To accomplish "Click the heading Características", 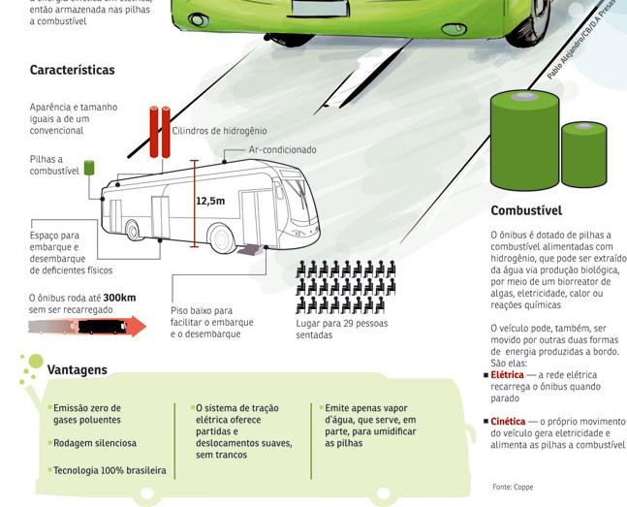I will (73, 70).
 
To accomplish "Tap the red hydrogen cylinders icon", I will (159, 131).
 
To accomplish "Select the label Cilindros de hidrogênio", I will (219, 130).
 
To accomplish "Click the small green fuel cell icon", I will (88, 168).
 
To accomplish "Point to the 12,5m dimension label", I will (210, 202).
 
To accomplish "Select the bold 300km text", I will (119, 298).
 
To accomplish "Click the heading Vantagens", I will (78, 370).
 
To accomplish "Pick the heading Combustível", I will (526, 210).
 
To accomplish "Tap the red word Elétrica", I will (507, 374).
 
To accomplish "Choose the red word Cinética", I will (508, 421).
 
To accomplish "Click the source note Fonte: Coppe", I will (512, 487).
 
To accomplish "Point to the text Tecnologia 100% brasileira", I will (110, 470).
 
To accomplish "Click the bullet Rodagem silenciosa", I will (95, 443).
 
